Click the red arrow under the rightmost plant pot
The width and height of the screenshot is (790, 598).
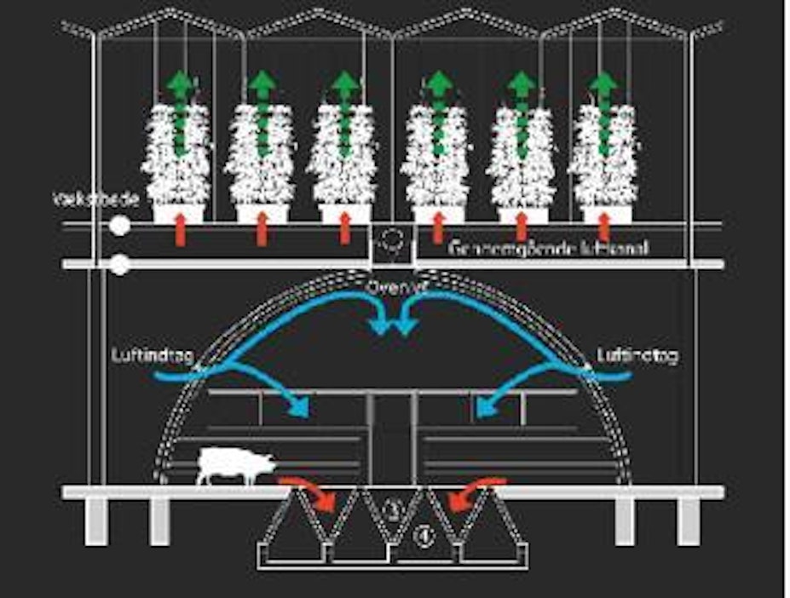click(x=603, y=227)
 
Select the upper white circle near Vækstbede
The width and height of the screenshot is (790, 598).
click(x=120, y=226)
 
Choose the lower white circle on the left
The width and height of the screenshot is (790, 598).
click(x=120, y=264)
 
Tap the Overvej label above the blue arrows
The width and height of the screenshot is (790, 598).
click(x=392, y=288)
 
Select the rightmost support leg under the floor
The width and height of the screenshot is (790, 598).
click(x=689, y=520)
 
